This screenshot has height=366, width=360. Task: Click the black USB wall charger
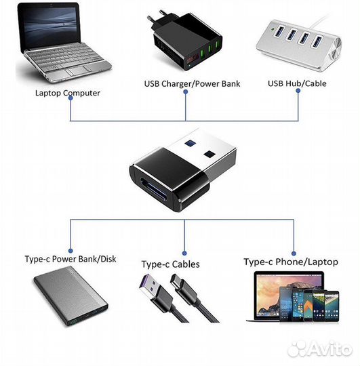[x=181, y=41]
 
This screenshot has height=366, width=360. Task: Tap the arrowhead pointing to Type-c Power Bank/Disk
[x=71, y=249]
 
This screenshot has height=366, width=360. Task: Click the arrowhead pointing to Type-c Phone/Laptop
[x=294, y=249]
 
